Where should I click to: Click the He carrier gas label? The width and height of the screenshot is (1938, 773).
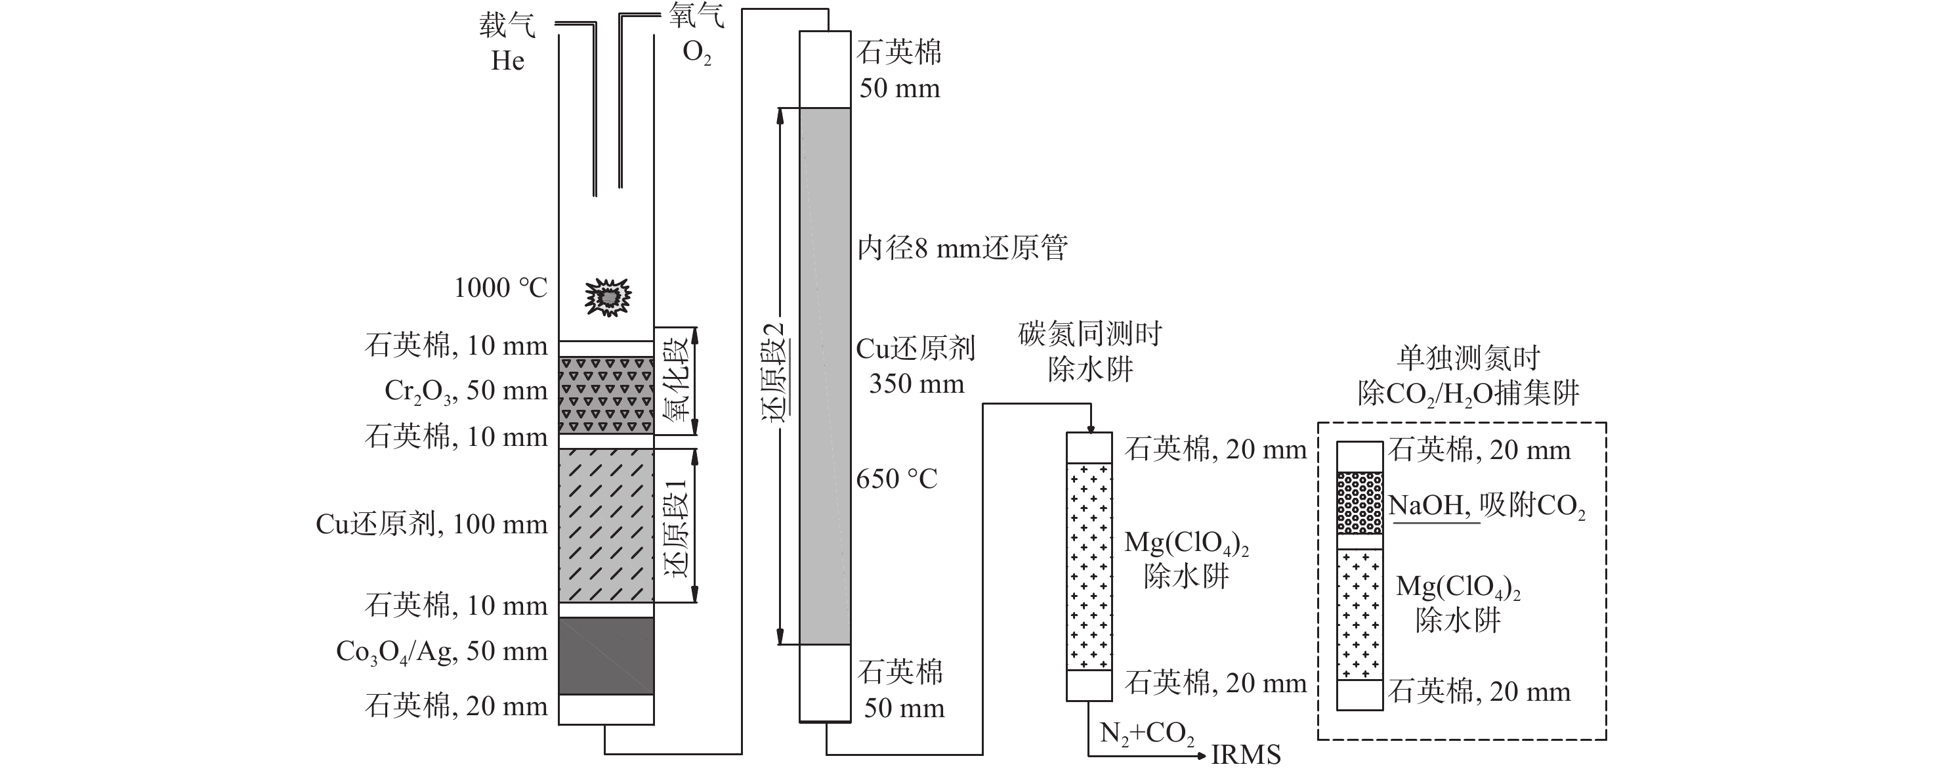(x=507, y=60)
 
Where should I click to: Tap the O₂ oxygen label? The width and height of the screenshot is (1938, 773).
(x=696, y=53)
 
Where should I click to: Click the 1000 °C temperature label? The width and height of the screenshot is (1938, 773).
(x=500, y=288)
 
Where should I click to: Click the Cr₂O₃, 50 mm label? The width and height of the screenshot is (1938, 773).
(x=466, y=391)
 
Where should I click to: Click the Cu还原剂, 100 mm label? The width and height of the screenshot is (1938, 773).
(x=432, y=524)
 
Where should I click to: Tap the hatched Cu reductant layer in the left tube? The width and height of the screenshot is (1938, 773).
(x=606, y=525)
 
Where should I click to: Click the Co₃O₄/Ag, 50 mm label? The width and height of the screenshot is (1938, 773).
(x=442, y=651)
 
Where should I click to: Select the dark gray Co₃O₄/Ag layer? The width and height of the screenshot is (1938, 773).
(x=606, y=655)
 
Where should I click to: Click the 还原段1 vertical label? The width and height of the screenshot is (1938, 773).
(x=675, y=527)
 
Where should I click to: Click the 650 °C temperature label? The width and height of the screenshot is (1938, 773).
(x=896, y=479)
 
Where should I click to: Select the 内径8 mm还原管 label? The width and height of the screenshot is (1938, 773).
(x=962, y=248)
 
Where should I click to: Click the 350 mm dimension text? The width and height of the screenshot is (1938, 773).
(x=916, y=384)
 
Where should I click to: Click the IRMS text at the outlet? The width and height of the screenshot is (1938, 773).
(x=1245, y=755)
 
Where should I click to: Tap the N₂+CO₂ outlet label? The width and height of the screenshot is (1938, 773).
(x=1147, y=734)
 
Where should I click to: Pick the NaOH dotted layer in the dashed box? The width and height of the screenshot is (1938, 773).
(x=1359, y=502)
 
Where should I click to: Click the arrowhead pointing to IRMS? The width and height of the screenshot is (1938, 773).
(x=1202, y=754)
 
